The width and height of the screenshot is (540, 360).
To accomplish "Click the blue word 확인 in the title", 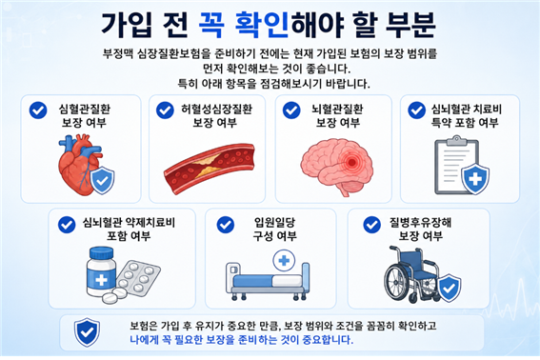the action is point(262,25).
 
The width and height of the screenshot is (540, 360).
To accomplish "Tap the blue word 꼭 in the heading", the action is point(211,25).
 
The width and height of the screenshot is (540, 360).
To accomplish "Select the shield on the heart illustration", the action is point(102,181).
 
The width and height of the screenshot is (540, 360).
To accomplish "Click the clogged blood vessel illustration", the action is point(209,169).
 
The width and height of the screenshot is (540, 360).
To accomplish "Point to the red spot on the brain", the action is point(351,161).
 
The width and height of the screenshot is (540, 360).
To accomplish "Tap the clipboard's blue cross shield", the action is point(475,179).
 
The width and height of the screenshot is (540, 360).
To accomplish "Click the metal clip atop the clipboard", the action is point(456,140).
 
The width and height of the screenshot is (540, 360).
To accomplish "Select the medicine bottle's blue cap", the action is point(101,253).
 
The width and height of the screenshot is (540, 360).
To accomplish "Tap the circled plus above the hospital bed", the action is point(284,261).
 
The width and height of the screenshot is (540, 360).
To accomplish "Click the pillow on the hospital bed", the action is point(287,281).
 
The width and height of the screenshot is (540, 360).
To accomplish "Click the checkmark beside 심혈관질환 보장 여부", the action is point(38,110).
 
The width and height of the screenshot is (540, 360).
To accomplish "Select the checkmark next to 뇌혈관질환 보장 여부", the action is point(291,110).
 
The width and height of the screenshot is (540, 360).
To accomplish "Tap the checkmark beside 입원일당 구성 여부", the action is point(226,225).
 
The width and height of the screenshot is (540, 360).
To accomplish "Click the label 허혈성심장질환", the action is point(217,110).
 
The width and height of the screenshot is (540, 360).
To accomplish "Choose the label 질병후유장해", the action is point(420,223).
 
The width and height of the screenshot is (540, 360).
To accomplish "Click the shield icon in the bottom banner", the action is point(87,332).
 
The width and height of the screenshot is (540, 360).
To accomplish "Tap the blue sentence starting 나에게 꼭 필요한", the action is point(241,340).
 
